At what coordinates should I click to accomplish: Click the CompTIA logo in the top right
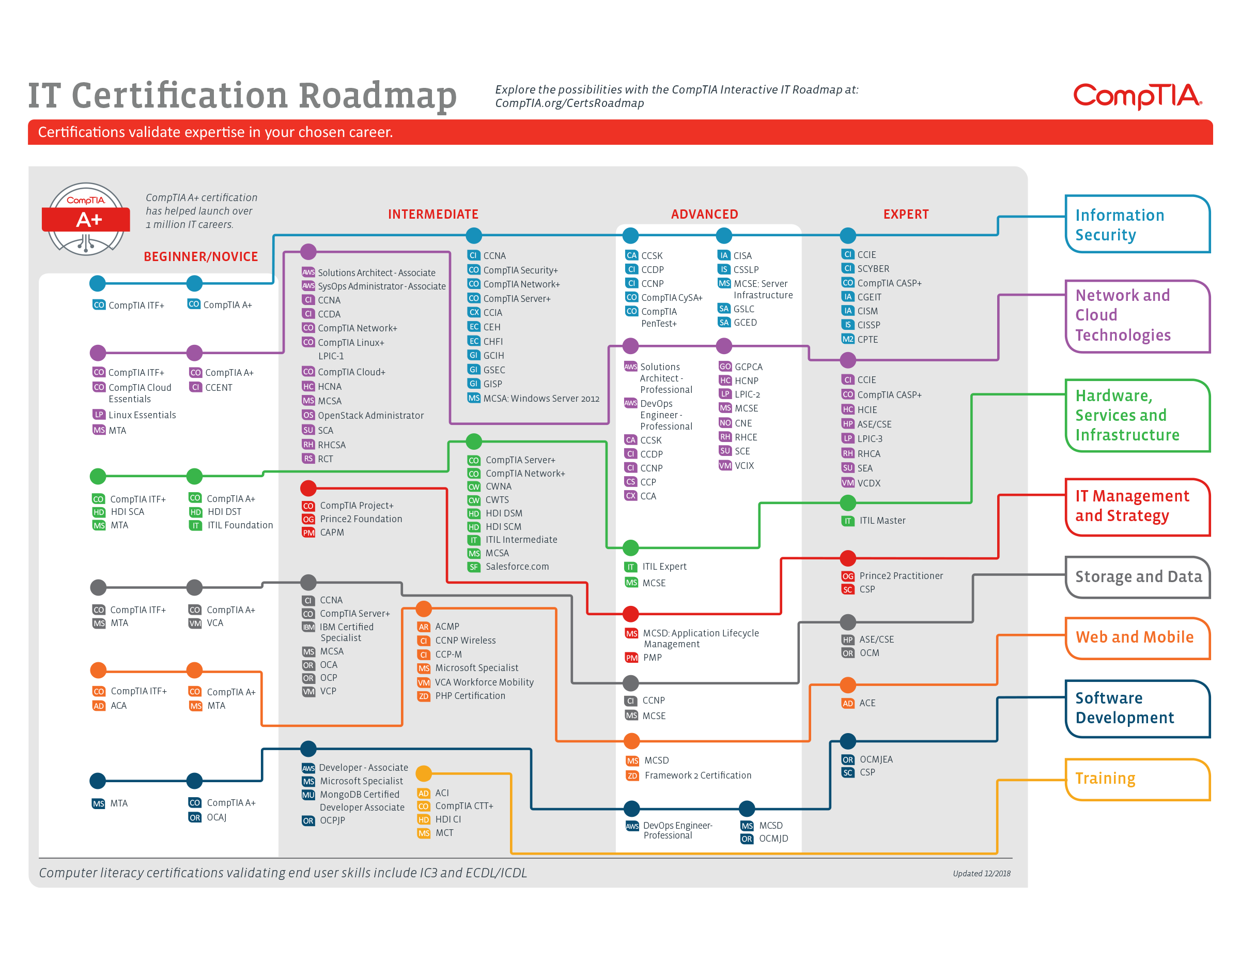click(x=1137, y=96)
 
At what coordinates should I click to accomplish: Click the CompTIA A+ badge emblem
click(x=86, y=219)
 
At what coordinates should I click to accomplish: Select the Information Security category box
click(x=1137, y=224)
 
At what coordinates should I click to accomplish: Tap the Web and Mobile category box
click(x=1137, y=637)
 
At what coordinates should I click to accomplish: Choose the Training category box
click(x=1137, y=779)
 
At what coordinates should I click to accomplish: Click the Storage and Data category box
click(x=1137, y=576)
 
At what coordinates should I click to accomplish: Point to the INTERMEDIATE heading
click(x=433, y=214)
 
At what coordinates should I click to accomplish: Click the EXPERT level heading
click(x=906, y=214)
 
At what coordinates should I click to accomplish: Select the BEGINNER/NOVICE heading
click(x=200, y=257)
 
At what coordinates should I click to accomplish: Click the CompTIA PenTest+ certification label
click(x=659, y=317)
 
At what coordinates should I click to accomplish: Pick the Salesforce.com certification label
click(x=517, y=567)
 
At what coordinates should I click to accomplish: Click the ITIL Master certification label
click(x=882, y=521)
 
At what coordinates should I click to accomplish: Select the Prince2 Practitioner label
click(x=901, y=575)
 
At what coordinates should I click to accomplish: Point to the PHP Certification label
click(x=470, y=696)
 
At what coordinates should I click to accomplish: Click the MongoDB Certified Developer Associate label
click(x=362, y=800)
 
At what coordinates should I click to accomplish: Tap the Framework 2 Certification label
click(x=697, y=775)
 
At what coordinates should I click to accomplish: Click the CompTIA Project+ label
click(x=356, y=506)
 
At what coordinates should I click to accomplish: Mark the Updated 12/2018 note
click(x=981, y=873)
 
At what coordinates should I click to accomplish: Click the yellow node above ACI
click(x=424, y=773)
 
